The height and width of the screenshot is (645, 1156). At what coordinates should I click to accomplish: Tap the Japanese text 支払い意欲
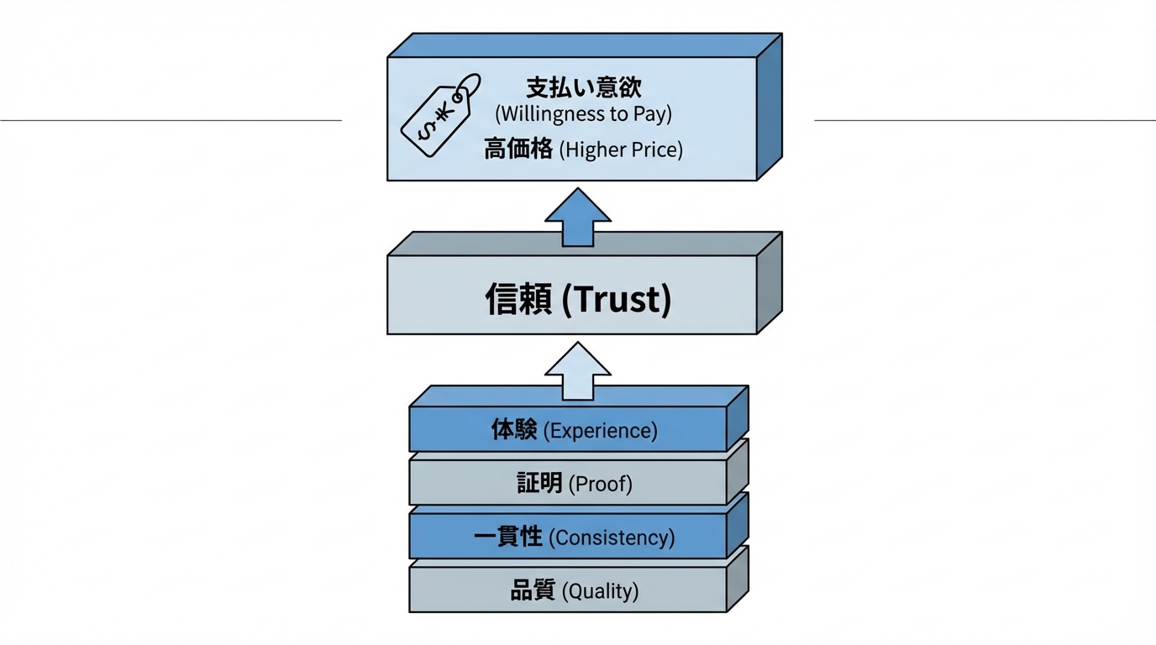583,87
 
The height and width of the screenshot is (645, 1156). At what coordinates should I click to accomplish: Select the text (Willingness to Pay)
583,113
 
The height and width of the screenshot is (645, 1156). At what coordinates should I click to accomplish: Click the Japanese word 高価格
518,149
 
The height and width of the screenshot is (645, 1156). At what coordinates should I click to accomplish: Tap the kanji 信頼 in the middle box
518,299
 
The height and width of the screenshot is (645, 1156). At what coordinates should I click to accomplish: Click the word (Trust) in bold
616,299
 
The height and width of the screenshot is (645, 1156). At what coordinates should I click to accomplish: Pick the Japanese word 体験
514,430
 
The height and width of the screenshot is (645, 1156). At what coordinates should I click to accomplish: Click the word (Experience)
601,431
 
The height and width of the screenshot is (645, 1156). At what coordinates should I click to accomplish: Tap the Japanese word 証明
539,483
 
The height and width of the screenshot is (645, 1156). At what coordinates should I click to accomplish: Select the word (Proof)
601,484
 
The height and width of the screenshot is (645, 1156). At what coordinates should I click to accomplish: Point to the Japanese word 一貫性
508,537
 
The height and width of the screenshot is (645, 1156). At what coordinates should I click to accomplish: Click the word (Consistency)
612,537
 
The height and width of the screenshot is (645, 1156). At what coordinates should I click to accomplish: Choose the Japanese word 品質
533,590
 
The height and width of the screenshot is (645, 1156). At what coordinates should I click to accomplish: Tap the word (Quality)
600,591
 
